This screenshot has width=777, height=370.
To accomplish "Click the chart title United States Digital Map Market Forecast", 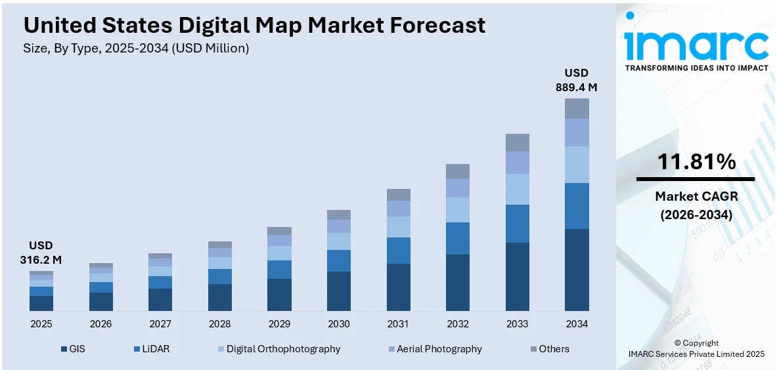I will pyautogui.click(x=254, y=25).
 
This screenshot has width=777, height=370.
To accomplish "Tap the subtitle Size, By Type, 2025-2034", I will pyautogui.click(x=136, y=48).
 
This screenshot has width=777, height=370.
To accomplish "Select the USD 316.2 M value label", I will pyautogui.click(x=41, y=253).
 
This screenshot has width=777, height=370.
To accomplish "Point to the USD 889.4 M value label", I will pyautogui.click(x=577, y=79).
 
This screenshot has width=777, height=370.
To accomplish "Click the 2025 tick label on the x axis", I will pyautogui.click(x=41, y=324).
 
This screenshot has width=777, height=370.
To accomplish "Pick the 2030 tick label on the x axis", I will pyautogui.click(x=338, y=324).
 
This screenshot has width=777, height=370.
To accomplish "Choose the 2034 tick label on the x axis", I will pyautogui.click(x=577, y=324).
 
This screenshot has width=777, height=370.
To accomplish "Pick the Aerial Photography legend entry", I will pyautogui.click(x=435, y=349).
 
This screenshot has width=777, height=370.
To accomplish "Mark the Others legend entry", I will pyautogui.click(x=548, y=349).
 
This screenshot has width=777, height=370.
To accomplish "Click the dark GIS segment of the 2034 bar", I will pyautogui.click(x=577, y=270).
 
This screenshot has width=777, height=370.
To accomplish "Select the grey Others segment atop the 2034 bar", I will pyautogui.click(x=577, y=108).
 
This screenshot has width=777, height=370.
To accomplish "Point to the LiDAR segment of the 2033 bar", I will pyautogui.click(x=517, y=224).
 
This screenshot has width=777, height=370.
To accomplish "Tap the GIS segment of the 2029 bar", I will pyautogui.click(x=279, y=295).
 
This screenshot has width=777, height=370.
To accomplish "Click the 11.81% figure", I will pyautogui.click(x=696, y=161).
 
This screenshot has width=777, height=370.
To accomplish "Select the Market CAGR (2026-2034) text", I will pyautogui.click(x=696, y=205).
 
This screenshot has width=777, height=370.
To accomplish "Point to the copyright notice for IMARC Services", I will pyautogui.click(x=696, y=348).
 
